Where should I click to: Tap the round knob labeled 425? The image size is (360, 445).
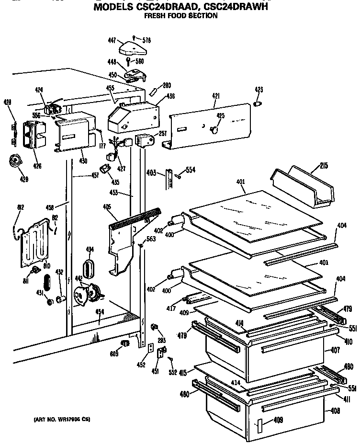[x=214, y=129]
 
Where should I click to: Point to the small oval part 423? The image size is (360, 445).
[x=258, y=104]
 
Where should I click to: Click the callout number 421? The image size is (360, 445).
[x=215, y=96]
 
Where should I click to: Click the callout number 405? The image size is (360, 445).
[x=107, y=207]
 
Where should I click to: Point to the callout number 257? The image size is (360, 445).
[x=162, y=134]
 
